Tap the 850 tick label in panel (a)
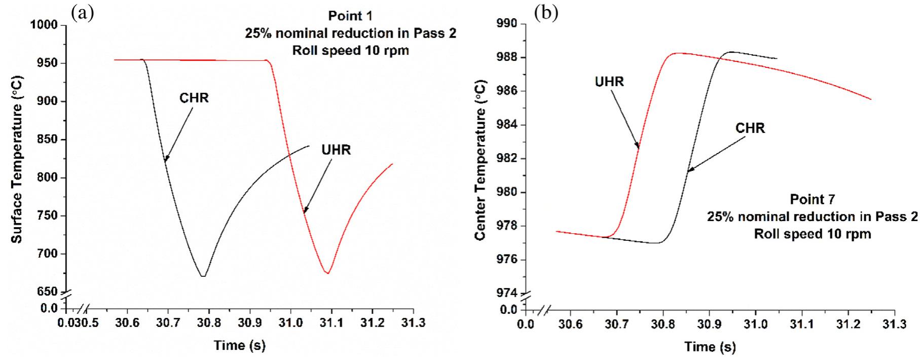click(x=49, y=139)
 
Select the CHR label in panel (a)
click(x=194, y=98)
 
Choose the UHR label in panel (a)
click(x=336, y=150)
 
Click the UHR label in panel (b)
click(x=609, y=81)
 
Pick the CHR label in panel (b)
click(x=750, y=128)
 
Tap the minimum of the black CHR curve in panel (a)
click(x=203, y=276)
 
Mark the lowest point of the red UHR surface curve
click(x=328, y=273)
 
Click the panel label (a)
click(x=83, y=14)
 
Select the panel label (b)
click(x=545, y=14)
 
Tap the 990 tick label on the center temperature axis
click(x=509, y=24)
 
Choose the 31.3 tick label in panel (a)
click(x=414, y=323)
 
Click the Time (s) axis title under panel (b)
click(x=710, y=347)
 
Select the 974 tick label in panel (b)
click(x=509, y=293)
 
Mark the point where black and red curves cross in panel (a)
click(x=289, y=155)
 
